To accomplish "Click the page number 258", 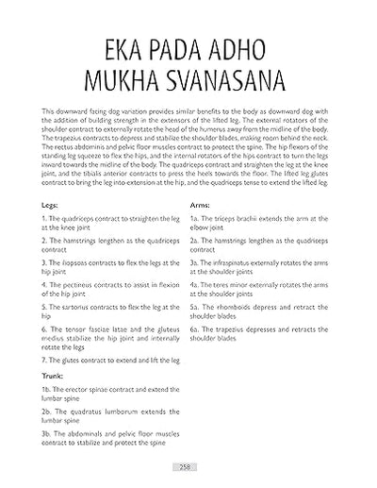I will pos(188,465).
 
